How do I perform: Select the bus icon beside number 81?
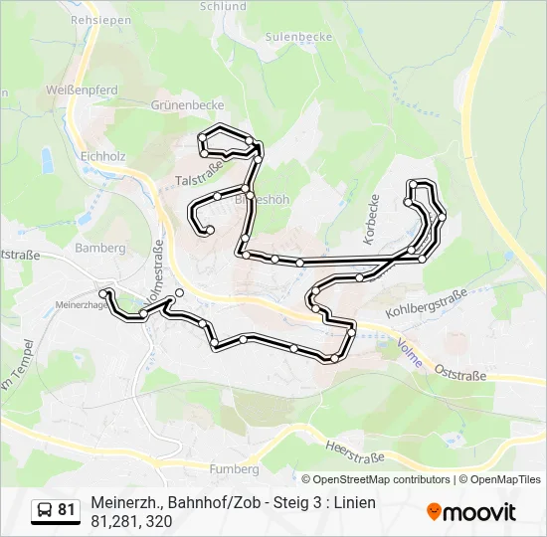pyautogui.click(x=45, y=510)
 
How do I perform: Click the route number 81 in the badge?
pyautogui.click(x=66, y=510)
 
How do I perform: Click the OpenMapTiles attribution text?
pyautogui.click(x=504, y=479)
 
